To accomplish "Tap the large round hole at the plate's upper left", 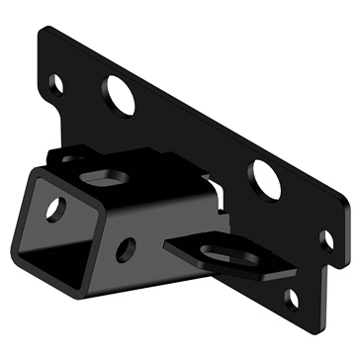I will pyautogui.click(x=119, y=98).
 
